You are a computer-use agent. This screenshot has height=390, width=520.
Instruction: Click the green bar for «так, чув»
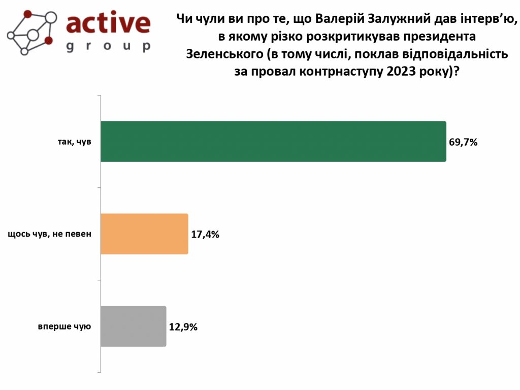pyautogui.click(x=273, y=142)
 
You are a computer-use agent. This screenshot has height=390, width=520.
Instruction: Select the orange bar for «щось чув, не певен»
pyautogui.click(x=145, y=234)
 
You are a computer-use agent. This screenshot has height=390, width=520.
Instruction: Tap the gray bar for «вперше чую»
pyautogui.click(x=134, y=327)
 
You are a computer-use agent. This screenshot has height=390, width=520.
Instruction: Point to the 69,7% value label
pyautogui.click(x=463, y=142)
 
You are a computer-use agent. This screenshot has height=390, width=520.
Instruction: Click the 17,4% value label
pyautogui.click(x=205, y=235)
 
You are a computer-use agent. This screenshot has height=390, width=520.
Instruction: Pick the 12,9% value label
pyautogui.click(x=183, y=327)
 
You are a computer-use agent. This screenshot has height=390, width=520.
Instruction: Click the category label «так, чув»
pyautogui.click(x=74, y=142)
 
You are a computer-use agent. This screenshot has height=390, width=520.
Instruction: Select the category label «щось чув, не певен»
pyautogui.click(x=49, y=234)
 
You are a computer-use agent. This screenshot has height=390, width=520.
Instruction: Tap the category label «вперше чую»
pyautogui.click(x=64, y=327)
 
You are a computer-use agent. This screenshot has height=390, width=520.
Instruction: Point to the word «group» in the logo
pyautogui.click(x=108, y=46)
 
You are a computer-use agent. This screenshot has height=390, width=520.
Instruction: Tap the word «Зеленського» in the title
pyautogui.click(x=224, y=54)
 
